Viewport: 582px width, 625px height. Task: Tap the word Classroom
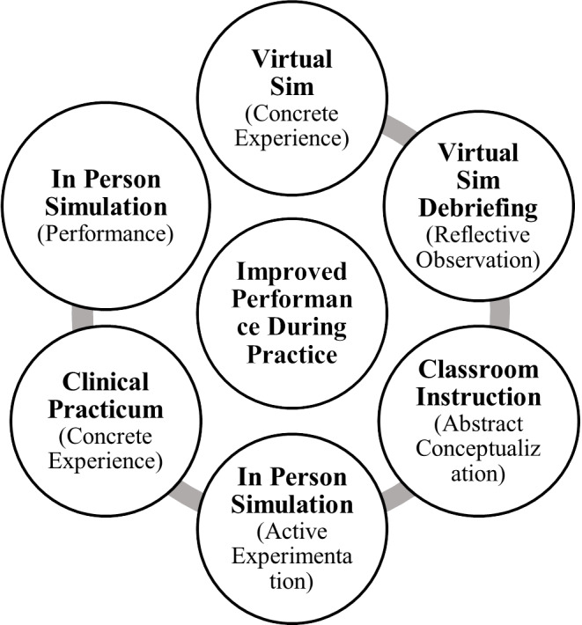pos(477,369)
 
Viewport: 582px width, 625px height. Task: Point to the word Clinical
pos(106,384)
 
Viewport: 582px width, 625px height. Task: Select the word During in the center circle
pos(291,329)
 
